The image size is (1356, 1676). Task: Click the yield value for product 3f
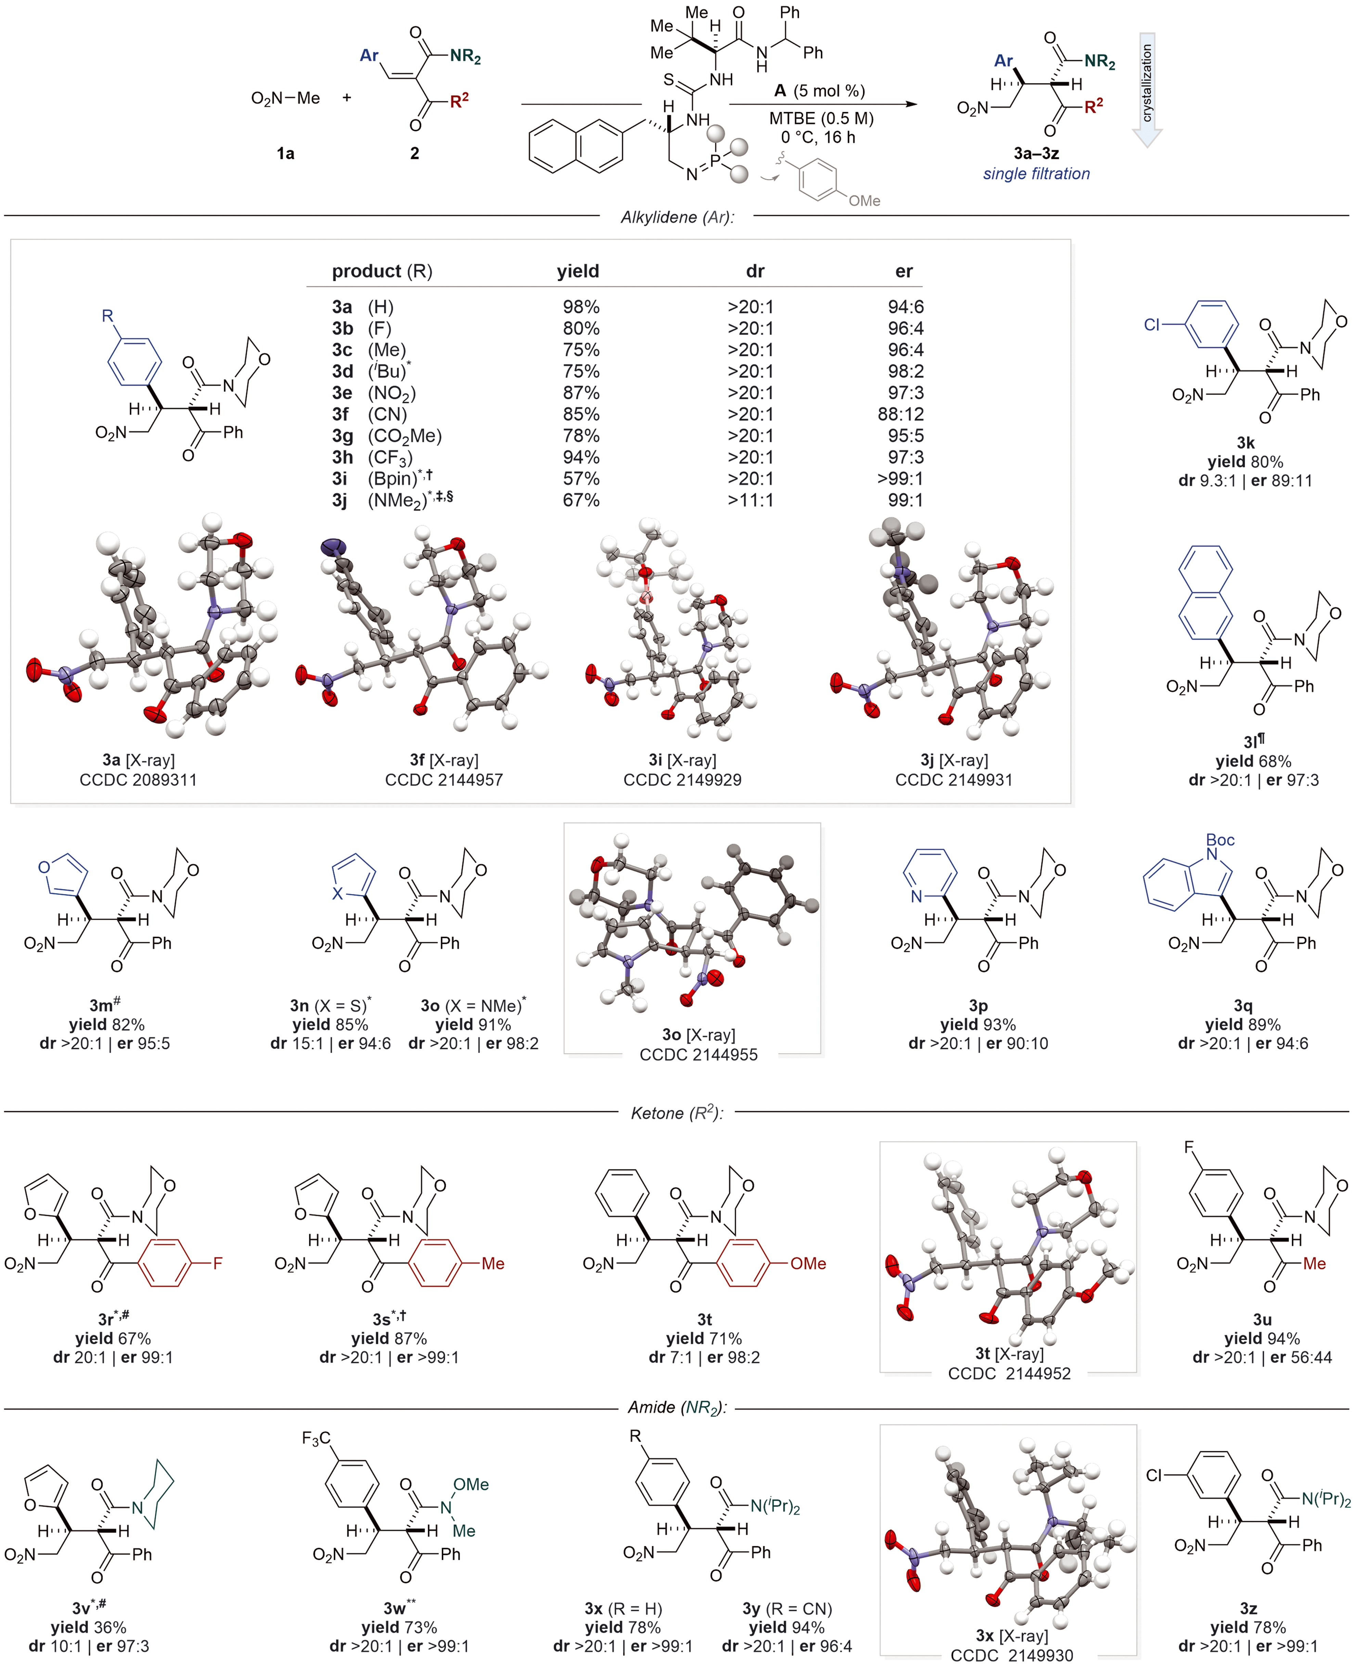(581, 414)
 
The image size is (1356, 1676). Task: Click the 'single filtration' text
(1036, 173)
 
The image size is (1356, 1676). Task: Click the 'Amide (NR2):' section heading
(676, 1407)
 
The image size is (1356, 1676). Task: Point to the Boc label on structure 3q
(1220, 840)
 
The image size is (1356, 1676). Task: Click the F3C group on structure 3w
(317, 1438)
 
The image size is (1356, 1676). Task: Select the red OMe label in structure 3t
(808, 1263)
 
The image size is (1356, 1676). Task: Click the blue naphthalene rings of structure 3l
(1205, 591)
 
